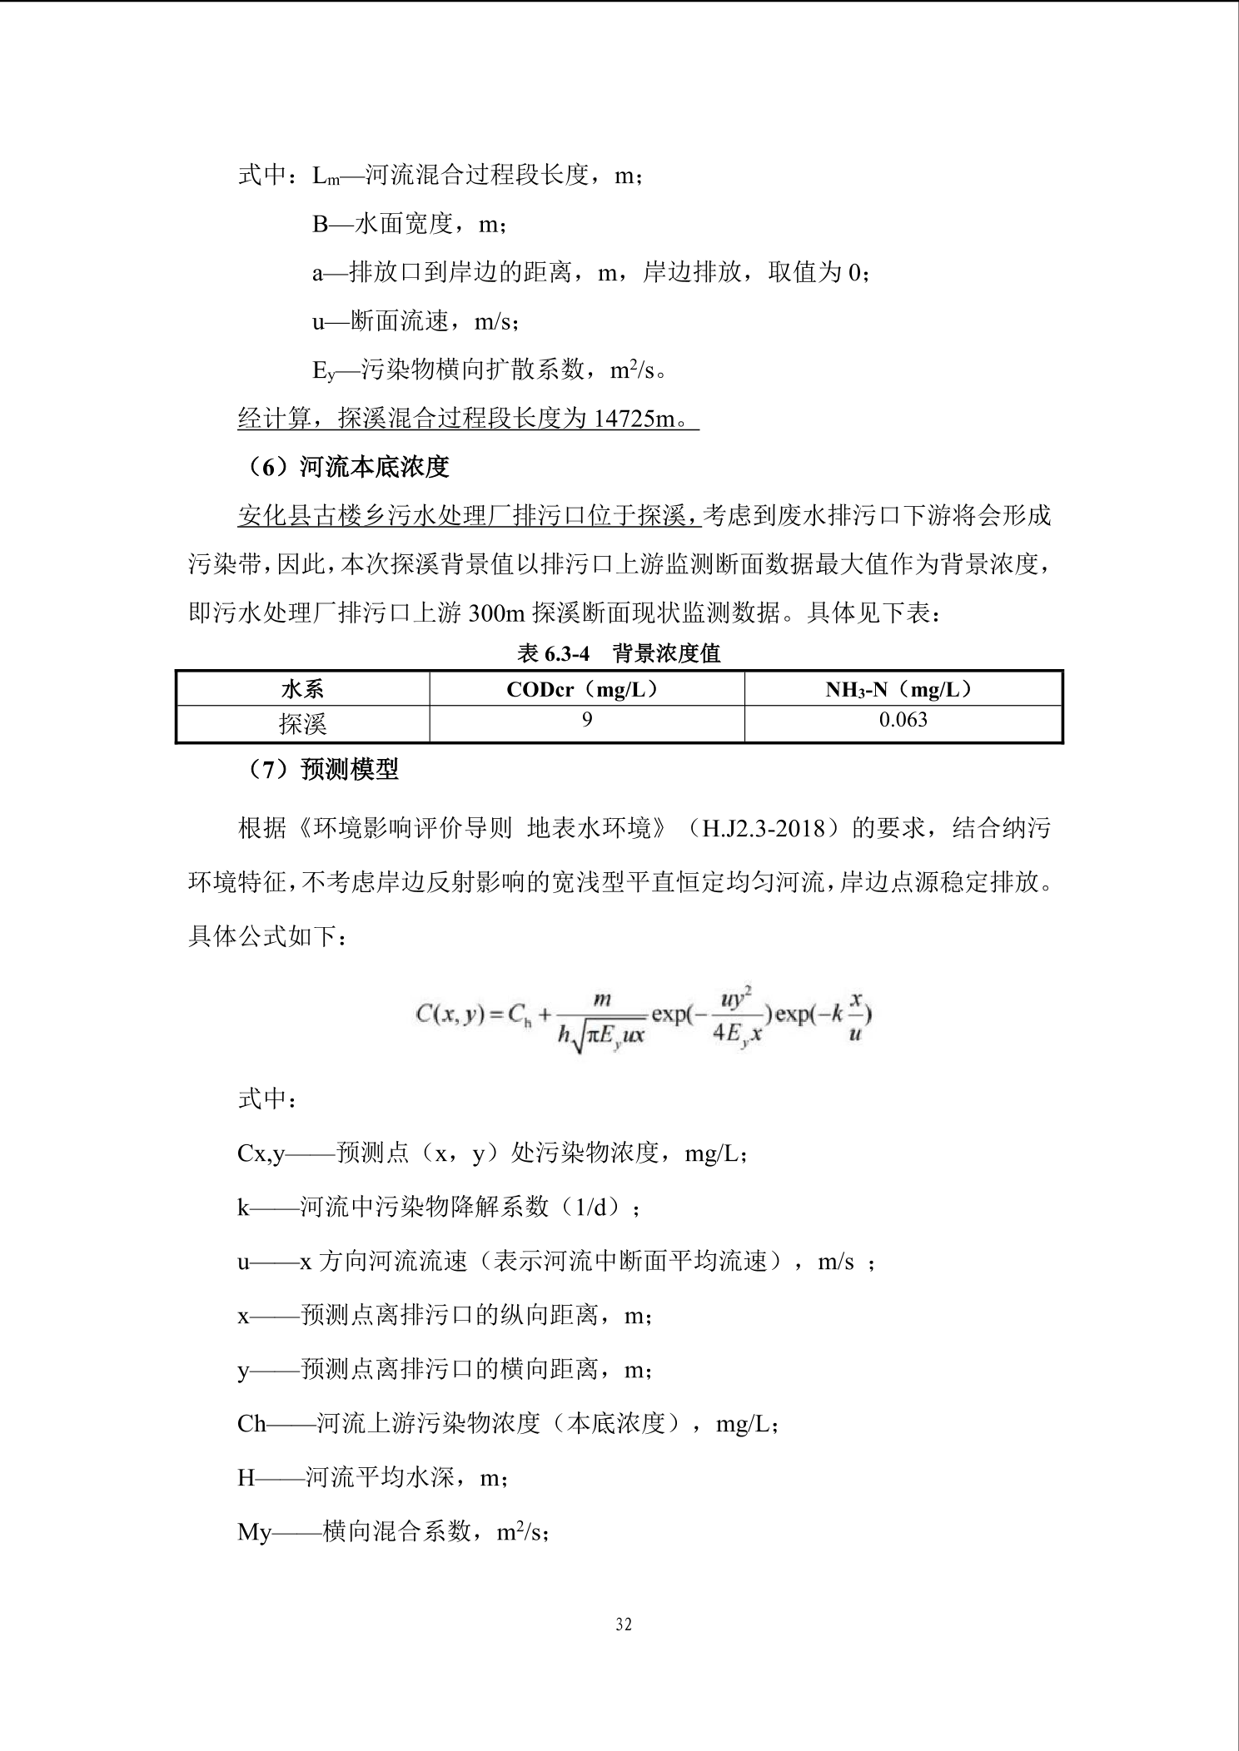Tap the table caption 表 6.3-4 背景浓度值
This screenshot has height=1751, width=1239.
[x=618, y=653]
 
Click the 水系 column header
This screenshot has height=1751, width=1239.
[x=302, y=689]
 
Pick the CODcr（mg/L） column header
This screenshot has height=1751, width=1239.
[x=586, y=689]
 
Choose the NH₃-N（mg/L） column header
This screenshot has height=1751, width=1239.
[x=903, y=689]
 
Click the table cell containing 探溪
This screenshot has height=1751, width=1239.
[x=302, y=724]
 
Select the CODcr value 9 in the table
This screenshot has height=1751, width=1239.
[x=586, y=721]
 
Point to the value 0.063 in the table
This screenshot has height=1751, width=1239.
[x=903, y=721]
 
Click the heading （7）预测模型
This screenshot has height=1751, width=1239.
[x=324, y=770]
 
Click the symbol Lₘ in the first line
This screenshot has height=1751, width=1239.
[x=326, y=176]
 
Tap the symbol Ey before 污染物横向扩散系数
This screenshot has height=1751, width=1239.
[x=324, y=370]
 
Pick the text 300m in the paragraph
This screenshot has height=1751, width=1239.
[x=496, y=613]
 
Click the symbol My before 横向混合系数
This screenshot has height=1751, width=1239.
[x=254, y=1532]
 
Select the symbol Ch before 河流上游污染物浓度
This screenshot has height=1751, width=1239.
[x=251, y=1424]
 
